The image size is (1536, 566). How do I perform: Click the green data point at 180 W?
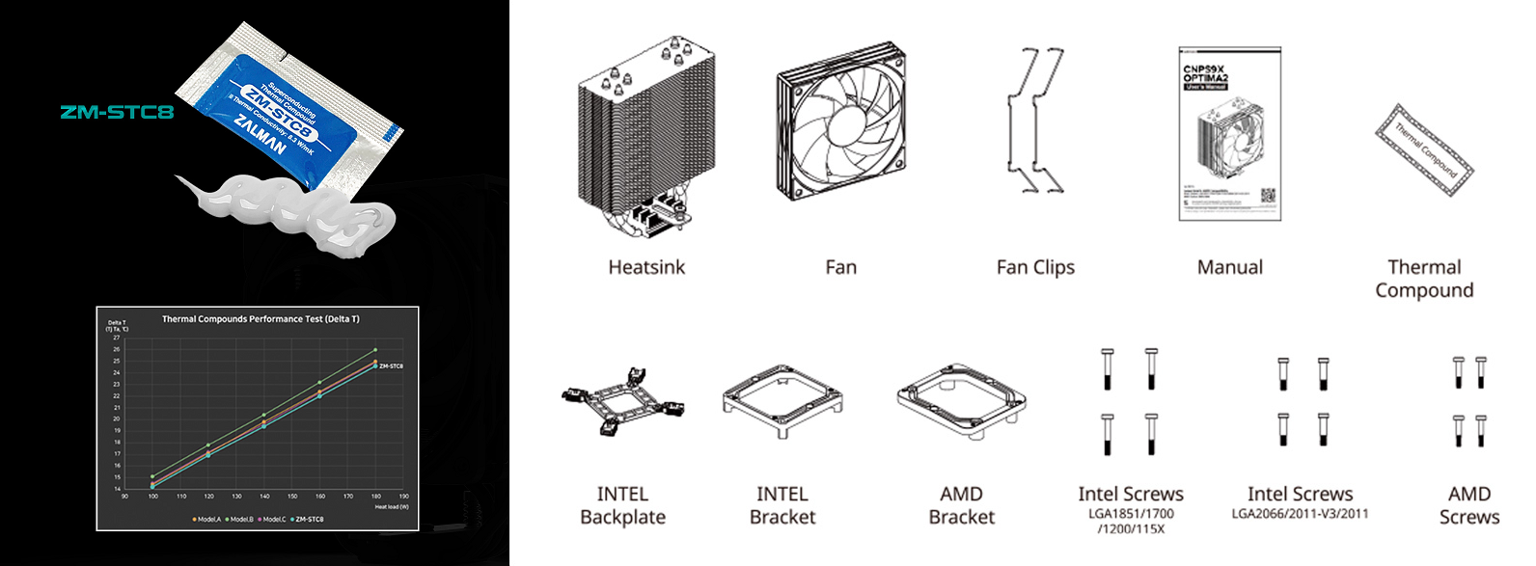[375, 350]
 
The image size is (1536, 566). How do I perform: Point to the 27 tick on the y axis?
[117, 338]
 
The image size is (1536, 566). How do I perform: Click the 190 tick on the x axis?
[403, 497]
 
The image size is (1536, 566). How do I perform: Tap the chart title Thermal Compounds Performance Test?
[261, 319]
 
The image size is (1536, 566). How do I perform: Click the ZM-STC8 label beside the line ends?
[392, 366]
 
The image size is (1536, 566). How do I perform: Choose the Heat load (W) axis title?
[392, 507]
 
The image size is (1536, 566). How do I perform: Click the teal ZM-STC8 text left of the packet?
[117, 112]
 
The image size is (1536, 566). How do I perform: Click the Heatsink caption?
[646, 268]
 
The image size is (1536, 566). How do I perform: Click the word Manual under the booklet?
[1229, 268]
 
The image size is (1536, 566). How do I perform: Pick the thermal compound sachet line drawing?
[1424, 150]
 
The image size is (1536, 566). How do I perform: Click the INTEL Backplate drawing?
[622, 401]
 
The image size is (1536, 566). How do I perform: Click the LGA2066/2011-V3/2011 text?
[1300, 514]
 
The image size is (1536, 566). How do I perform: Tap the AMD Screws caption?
[1468, 506]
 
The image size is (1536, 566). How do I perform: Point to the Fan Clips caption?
[1035, 268]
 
